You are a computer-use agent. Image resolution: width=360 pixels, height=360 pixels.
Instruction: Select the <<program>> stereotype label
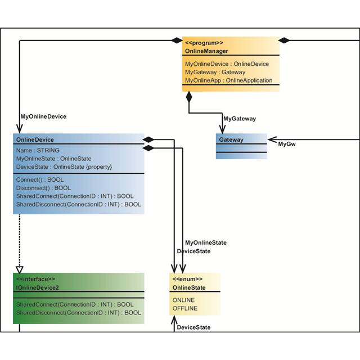coord(204,43)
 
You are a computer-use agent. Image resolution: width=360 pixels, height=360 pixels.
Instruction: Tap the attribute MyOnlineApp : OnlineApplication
coord(228,80)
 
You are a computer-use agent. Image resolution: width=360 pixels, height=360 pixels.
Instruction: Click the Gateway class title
coord(231,139)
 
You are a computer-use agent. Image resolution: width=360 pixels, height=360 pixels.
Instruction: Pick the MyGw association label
coord(287,145)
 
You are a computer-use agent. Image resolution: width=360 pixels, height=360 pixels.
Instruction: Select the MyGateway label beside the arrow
coord(240,119)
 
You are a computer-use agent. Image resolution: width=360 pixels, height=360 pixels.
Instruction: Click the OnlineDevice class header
coord(35,139)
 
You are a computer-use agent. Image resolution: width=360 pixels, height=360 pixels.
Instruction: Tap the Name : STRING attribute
coord(38,151)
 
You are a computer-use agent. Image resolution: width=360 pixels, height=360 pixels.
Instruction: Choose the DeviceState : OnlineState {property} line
coord(64,167)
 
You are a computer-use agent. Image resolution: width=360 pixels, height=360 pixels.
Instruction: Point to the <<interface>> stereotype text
coord(35,279)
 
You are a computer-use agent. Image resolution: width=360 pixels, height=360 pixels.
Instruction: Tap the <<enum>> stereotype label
coord(187,279)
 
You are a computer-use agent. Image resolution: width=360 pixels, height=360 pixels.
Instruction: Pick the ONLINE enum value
coord(184,300)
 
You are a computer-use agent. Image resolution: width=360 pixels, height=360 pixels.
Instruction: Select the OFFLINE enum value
coord(185,308)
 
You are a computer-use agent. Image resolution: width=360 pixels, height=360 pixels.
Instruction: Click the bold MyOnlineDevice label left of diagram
coord(43,116)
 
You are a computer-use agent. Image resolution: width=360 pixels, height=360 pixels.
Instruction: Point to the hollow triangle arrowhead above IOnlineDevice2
coord(19,269)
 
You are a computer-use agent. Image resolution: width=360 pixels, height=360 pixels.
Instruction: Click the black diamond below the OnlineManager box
coord(189,97)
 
